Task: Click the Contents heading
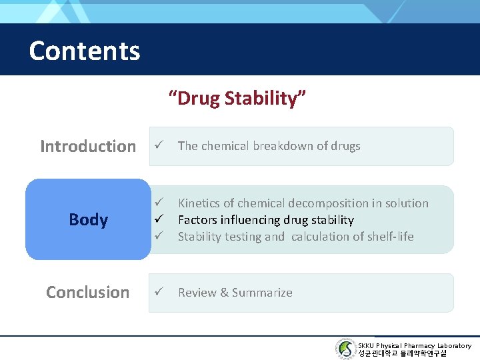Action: pos(85,51)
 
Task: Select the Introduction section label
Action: pos(87,146)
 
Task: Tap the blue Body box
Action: pos(88,219)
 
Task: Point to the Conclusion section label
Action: pos(87,292)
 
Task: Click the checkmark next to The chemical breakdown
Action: pos(158,146)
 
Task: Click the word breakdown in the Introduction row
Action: pos(283,146)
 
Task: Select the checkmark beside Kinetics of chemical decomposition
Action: pos(158,203)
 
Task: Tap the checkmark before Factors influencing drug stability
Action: pos(158,219)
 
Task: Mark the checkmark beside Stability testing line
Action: pos(158,236)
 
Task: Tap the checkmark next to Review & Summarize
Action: pos(158,292)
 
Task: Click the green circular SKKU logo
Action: pos(345,349)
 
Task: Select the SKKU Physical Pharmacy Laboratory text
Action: pos(414,345)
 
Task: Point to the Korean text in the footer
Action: pos(402,354)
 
